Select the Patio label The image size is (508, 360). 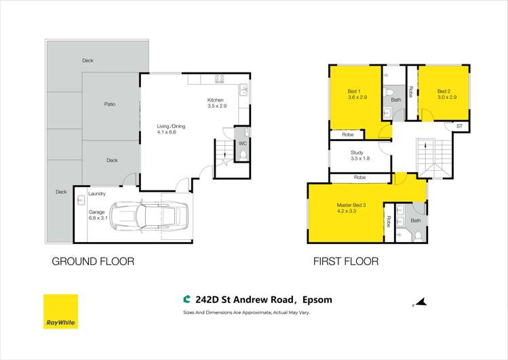(x=109, y=104)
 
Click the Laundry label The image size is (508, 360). (x=96, y=193)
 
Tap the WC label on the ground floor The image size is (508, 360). (x=241, y=144)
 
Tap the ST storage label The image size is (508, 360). (x=459, y=126)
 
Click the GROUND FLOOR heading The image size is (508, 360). (x=93, y=261)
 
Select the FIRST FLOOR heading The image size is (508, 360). (x=345, y=261)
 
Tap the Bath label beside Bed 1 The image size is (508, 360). (x=395, y=100)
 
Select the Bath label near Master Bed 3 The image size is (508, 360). (x=415, y=220)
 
